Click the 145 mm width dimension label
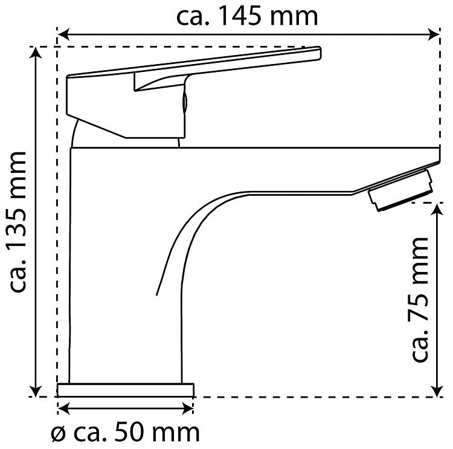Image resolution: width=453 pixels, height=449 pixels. [x=247, y=16]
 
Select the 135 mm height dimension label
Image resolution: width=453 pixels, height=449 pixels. [x=18, y=221]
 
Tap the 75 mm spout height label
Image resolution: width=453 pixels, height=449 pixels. [x=420, y=299]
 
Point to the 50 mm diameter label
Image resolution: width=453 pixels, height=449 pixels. [x=125, y=433]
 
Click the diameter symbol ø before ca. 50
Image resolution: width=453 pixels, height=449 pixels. [x=58, y=434]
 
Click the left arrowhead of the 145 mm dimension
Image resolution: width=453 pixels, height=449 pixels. [x=63, y=34]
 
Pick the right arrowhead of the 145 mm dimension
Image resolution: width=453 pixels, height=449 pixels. [x=433, y=34]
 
